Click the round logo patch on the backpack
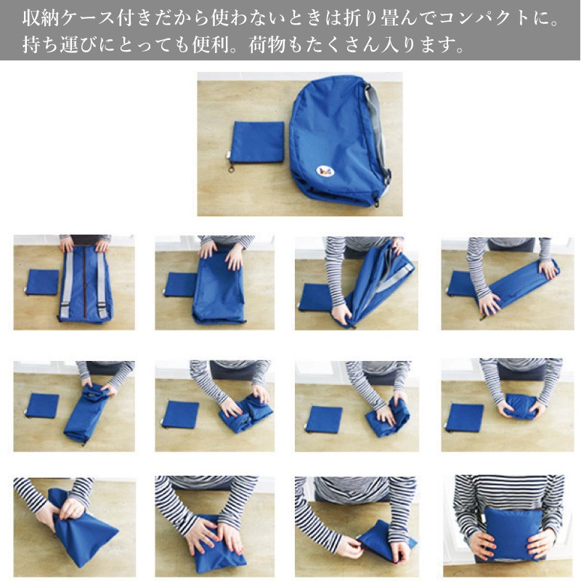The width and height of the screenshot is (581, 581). [x=325, y=171]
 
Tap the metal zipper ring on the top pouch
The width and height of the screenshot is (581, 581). [x=232, y=169]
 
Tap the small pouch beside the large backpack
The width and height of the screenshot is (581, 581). [x=258, y=142]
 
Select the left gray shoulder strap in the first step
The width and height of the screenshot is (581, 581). [x=67, y=285]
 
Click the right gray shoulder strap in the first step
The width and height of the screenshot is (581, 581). [x=102, y=285]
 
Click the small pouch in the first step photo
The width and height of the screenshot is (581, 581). [x=42, y=282]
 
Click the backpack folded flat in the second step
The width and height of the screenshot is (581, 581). [x=219, y=287]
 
